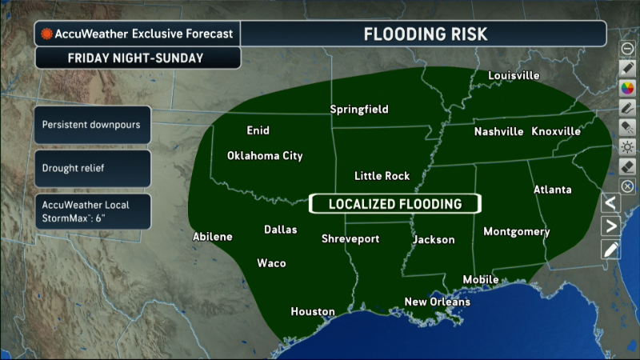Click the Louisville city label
point(514,76)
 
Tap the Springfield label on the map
point(359,109)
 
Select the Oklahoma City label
point(265,156)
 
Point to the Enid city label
point(258,130)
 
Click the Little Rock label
point(382,176)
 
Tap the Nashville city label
point(498,131)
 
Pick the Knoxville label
point(556,131)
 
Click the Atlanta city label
point(553,190)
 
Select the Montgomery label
point(517,232)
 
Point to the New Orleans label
point(437,302)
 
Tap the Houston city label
point(312,311)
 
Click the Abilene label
point(213,237)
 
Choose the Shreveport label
point(350,238)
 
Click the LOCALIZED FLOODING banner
point(395,204)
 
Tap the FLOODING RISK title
point(425,34)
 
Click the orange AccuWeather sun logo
point(47,34)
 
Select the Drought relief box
point(93,169)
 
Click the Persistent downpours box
point(93,126)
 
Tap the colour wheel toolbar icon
point(628,87)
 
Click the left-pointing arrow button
point(610,202)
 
